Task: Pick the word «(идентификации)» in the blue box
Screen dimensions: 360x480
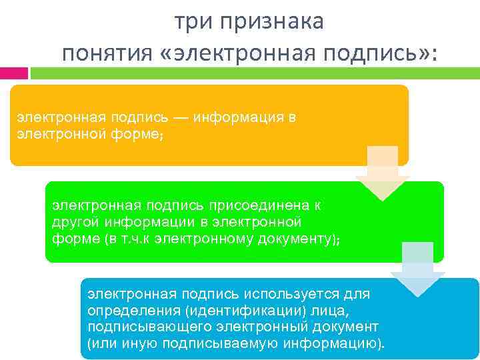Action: pos(227,310)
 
